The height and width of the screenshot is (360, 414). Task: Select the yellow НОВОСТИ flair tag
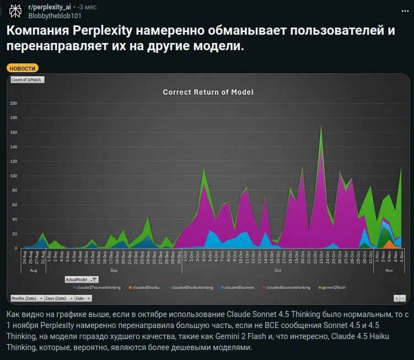[23, 68]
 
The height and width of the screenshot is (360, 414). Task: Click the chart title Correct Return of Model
[208, 92]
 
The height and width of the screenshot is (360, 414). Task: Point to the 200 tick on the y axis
[14, 104]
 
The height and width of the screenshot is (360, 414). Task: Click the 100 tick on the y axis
[14, 176]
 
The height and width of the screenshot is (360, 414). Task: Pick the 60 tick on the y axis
[15, 205]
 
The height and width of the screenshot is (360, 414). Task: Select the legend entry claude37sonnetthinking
[97, 287]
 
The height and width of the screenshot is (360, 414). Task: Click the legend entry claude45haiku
[144, 287]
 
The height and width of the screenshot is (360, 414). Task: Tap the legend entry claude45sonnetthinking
[286, 287]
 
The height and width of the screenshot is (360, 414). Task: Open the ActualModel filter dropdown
[94, 280]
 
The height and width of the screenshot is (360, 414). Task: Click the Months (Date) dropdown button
[26, 298]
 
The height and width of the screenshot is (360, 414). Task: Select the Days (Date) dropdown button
[58, 298]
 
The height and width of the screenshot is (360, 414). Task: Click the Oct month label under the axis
[278, 270]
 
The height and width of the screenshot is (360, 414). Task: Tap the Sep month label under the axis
[114, 270]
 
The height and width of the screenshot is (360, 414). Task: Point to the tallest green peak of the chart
[321, 126]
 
